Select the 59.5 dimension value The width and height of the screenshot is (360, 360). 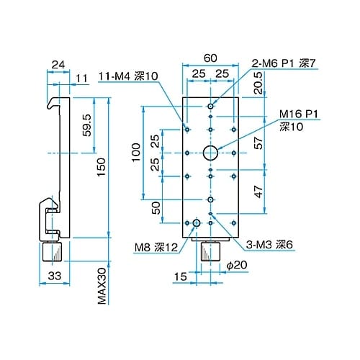pos(86,125)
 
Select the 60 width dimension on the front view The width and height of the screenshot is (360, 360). pos(210,57)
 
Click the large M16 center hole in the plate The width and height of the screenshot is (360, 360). pos(210,153)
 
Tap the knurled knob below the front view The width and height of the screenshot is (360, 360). pos(210,251)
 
